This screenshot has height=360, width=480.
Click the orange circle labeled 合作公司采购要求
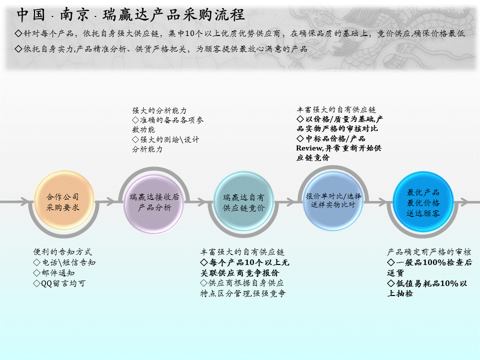click(x=63, y=200)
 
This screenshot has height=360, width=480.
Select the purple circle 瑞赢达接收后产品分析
click(x=154, y=202)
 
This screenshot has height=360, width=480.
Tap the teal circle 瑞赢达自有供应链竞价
click(x=243, y=201)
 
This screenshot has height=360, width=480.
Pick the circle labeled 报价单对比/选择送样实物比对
click(x=333, y=200)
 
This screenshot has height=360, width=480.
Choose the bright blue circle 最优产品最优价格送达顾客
click(x=423, y=201)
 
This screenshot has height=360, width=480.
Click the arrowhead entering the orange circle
click(x=25, y=201)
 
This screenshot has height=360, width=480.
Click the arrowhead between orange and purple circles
click(x=110, y=201)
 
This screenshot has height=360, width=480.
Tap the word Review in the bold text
click(x=309, y=148)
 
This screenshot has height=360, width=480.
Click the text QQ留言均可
click(x=59, y=283)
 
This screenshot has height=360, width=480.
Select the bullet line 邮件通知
click(x=54, y=273)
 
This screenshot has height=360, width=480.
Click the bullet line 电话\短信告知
click(x=64, y=262)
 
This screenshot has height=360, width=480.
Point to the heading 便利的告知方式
click(x=62, y=252)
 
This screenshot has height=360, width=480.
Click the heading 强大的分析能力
click(x=159, y=110)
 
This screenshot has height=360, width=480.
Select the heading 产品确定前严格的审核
click(x=429, y=252)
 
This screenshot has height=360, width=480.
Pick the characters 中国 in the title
click(x=31, y=14)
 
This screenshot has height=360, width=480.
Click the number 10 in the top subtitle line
click(x=190, y=33)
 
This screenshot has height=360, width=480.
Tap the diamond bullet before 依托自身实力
click(x=18, y=48)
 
